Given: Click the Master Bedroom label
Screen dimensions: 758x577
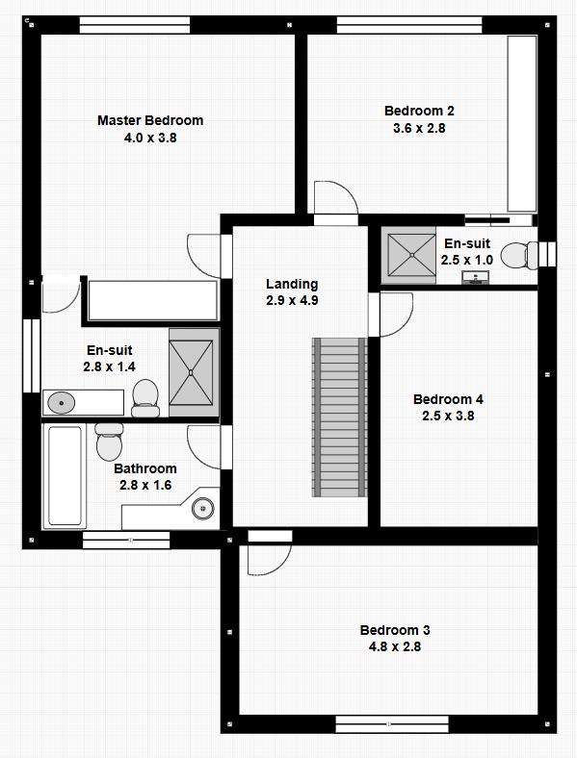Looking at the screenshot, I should tap(150, 120).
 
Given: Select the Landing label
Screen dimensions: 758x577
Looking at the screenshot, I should tap(292, 284).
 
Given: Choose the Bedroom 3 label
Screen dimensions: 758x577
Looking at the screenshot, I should tap(395, 630).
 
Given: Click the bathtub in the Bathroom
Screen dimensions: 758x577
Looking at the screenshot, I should tap(66, 476).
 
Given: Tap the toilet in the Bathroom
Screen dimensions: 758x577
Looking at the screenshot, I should tap(109, 441).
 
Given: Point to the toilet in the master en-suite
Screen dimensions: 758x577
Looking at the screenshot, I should tap(145, 394).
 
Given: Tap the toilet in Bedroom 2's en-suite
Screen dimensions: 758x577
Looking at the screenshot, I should tap(518, 255).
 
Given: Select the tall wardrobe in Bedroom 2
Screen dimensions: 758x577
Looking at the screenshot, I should tap(521, 123).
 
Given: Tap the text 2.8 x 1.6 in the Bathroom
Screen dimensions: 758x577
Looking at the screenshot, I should tap(144, 486).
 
